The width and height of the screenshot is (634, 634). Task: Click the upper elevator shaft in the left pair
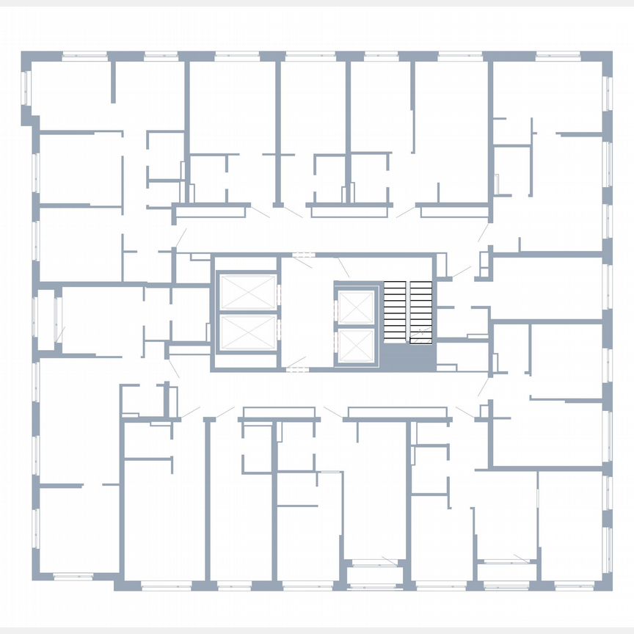click(x=248, y=293)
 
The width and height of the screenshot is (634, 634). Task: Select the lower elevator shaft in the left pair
click(x=248, y=332)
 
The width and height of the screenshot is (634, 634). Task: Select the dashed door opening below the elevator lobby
click(x=296, y=368)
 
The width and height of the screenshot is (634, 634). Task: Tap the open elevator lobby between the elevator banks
click(x=306, y=312)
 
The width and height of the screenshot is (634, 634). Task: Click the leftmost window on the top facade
click(x=83, y=55)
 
